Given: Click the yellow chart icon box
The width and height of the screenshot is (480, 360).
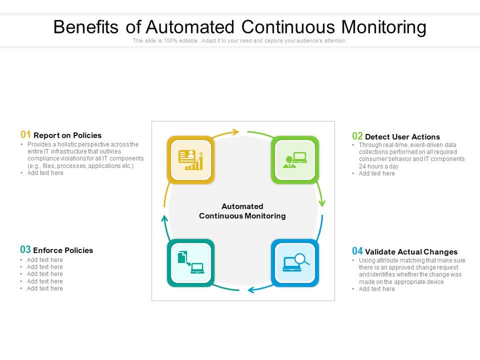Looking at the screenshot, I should [x=190, y=159].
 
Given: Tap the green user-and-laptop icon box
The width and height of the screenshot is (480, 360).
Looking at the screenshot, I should [x=295, y=159].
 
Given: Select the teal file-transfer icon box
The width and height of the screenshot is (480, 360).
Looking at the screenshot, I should [x=190, y=263].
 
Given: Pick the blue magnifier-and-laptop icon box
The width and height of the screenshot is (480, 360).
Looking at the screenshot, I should [x=295, y=263].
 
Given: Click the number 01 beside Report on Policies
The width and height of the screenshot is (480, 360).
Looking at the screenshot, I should [x=26, y=134].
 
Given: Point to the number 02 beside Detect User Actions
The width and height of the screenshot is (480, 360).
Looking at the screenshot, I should [x=357, y=136].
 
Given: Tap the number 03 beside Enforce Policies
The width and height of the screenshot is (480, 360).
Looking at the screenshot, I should [x=25, y=249].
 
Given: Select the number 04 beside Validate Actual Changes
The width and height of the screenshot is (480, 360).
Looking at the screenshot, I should [x=357, y=251].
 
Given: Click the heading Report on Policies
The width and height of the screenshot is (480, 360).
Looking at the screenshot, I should [x=67, y=135].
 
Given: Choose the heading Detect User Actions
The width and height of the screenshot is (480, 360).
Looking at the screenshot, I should [x=402, y=137].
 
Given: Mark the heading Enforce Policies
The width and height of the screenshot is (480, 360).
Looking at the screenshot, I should [x=63, y=250].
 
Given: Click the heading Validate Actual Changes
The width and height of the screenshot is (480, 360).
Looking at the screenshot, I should [x=411, y=252].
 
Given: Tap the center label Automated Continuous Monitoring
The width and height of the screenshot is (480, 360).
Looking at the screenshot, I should [x=242, y=211].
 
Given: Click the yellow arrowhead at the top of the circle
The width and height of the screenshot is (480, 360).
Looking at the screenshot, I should [x=234, y=132].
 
